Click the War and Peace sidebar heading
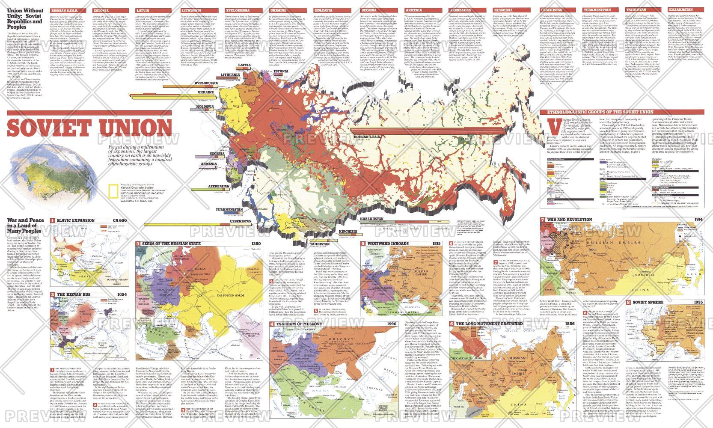point(24,226)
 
